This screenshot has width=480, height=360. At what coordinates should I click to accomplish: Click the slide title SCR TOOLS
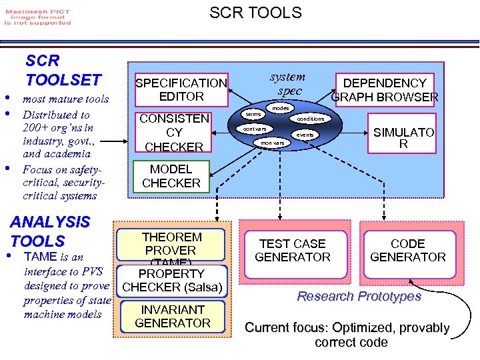pyautogui.click(x=255, y=13)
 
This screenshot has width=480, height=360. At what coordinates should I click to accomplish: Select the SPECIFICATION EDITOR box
pyautogui.click(x=181, y=89)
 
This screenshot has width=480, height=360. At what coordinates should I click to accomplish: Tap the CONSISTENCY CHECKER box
pyautogui.click(x=173, y=133)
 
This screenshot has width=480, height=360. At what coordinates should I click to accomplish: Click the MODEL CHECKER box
pyautogui.click(x=171, y=176)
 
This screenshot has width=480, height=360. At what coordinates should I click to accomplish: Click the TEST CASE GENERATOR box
pyautogui.click(x=293, y=250)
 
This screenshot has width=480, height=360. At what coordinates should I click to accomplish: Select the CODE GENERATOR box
pyautogui.click(x=407, y=250)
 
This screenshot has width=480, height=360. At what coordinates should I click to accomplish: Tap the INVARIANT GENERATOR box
pyautogui.click(x=172, y=316)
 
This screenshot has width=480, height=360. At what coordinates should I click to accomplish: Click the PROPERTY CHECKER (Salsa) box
pyautogui.click(x=172, y=281)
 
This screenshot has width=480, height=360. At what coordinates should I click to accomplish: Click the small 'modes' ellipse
pyautogui.click(x=280, y=108)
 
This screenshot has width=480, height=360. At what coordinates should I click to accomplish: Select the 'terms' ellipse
pyautogui.click(x=253, y=115)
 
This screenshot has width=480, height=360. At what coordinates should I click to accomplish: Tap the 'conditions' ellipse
pyautogui.click(x=310, y=119)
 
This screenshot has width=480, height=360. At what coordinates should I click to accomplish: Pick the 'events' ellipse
pyautogui.click(x=305, y=135)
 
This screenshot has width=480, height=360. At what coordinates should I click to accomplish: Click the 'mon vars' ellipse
pyautogui.click(x=272, y=143)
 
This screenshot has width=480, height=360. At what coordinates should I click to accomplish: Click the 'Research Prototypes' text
pyautogui.click(x=359, y=296)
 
